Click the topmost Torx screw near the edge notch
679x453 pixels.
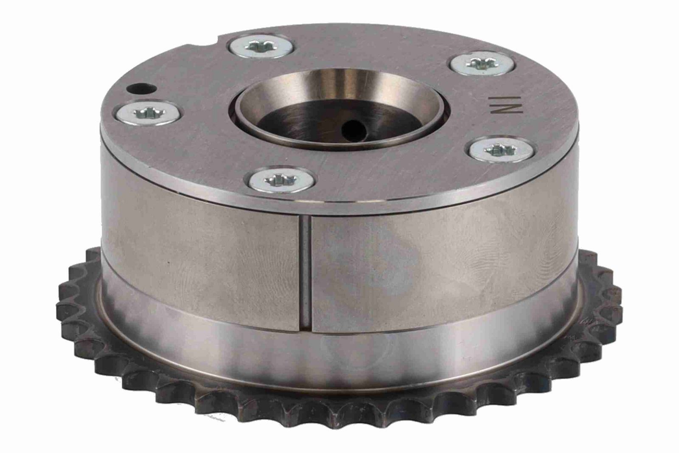(261, 47)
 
